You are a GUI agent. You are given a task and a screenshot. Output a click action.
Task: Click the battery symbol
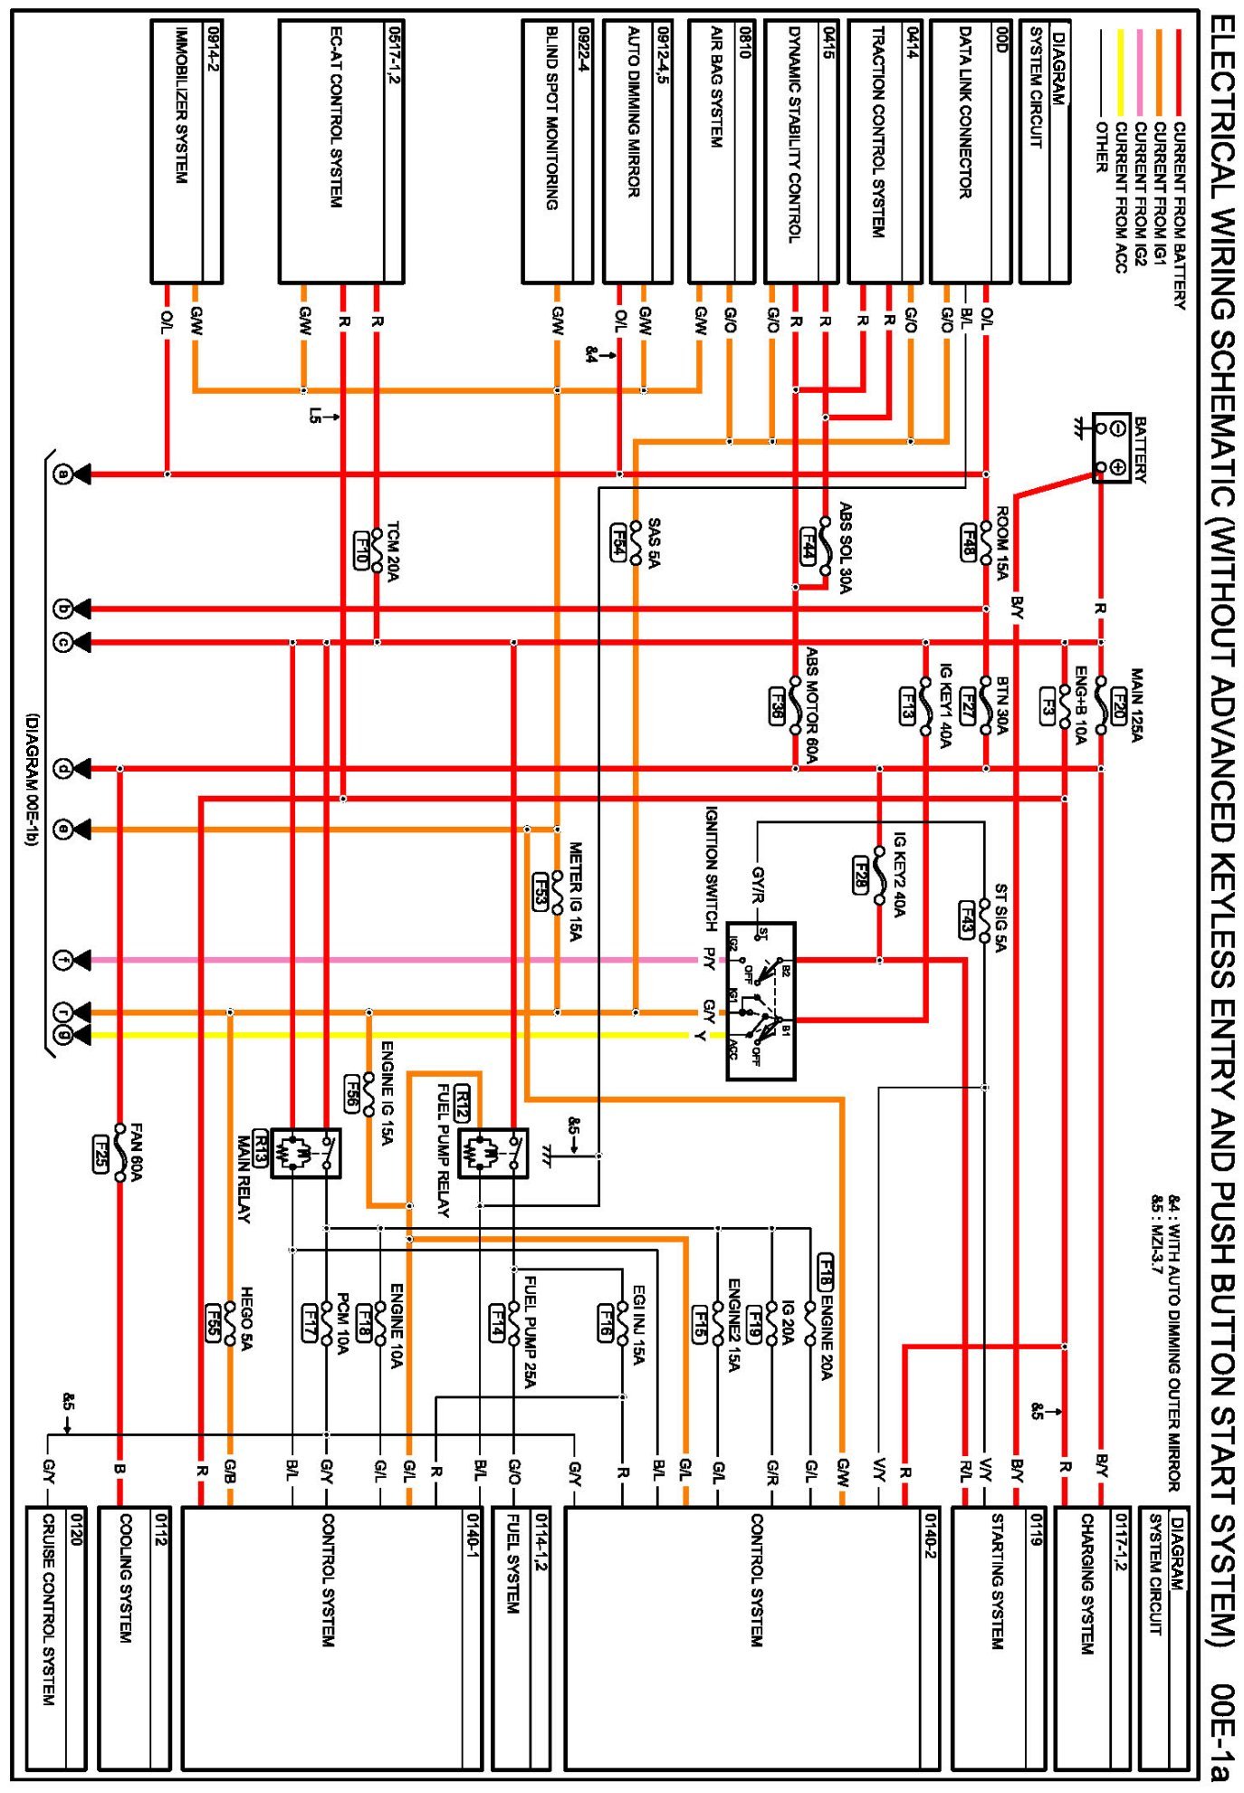[x=1112, y=448]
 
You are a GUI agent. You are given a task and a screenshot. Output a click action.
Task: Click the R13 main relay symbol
[x=306, y=1153]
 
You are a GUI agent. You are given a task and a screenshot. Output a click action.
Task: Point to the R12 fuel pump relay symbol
[x=493, y=1153]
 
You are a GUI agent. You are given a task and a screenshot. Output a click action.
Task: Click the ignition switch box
[x=761, y=1001]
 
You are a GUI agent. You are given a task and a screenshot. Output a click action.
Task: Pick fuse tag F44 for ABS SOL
[x=809, y=545]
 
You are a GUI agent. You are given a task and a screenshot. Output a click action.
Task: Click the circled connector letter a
[x=62, y=474]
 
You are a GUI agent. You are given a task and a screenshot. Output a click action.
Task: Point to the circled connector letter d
[x=62, y=769]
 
